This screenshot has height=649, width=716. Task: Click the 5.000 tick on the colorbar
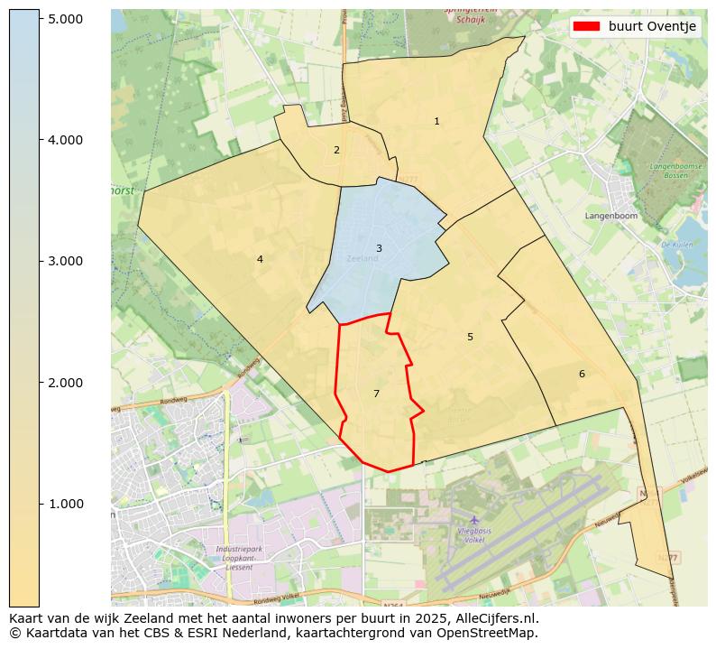point(64,19)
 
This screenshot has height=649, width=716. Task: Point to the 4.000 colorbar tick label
point(64,140)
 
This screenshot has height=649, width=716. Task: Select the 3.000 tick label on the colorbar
point(64,261)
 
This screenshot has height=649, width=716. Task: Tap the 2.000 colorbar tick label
point(64,383)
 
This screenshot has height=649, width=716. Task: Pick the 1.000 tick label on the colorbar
point(64,504)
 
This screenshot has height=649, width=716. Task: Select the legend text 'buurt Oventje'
point(652,27)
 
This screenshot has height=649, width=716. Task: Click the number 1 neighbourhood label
point(436,121)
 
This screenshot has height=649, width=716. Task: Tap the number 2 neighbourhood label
point(336,150)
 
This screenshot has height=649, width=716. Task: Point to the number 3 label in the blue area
point(379,248)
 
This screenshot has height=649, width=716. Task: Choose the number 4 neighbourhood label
point(260,259)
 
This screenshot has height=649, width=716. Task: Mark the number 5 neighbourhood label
point(470,337)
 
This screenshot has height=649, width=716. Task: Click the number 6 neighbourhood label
point(582,374)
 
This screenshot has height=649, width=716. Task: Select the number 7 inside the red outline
point(376,394)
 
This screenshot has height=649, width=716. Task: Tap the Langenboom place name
point(610,217)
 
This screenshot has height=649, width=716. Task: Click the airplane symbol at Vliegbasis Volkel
point(474,520)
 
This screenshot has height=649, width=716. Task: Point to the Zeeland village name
point(363,259)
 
